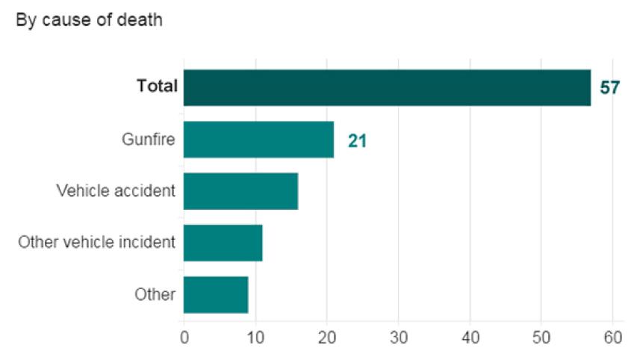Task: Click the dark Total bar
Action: pyautogui.click(x=387, y=87)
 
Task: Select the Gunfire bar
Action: pyautogui.click(x=258, y=140)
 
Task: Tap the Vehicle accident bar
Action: pyautogui.click(x=240, y=191)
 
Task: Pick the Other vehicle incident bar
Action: pyautogui.click(x=223, y=243)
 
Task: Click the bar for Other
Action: pyautogui.click(x=215, y=294)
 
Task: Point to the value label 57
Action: pyautogui.click(x=610, y=88)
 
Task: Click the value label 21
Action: pyautogui.click(x=357, y=140)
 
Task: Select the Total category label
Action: pyautogui.click(x=157, y=87)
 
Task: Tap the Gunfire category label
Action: pyautogui.click(x=149, y=139)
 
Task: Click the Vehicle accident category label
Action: pyautogui.click(x=116, y=190)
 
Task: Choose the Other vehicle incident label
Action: pyautogui.click(x=97, y=242)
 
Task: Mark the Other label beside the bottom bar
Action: pyautogui.click(x=155, y=294)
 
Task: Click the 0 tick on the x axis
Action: pyautogui.click(x=184, y=337)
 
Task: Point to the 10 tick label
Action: pyautogui.click(x=255, y=337)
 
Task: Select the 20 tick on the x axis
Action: pyautogui.click(x=327, y=337)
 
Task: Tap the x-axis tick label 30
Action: pyautogui.click(x=399, y=337)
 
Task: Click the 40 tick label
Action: pyautogui.click(x=470, y=337)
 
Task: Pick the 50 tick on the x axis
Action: pyautogui.click(x=541, y=337)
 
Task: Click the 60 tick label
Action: pyautogui.click(x=613, y=337)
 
